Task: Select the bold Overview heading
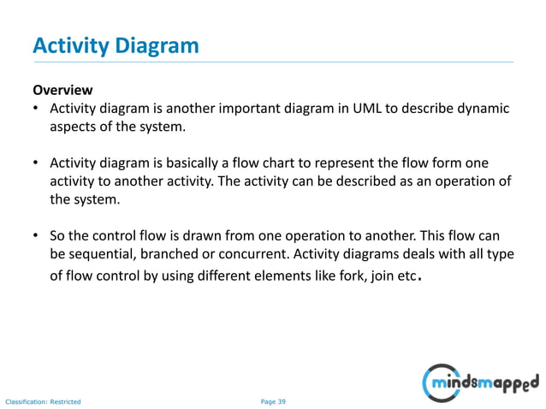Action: point(62,91)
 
